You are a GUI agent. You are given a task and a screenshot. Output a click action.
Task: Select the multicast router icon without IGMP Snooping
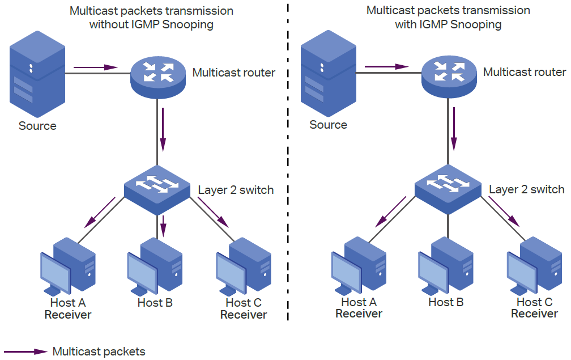158,74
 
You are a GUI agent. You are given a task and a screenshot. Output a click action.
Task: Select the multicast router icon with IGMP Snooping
449,74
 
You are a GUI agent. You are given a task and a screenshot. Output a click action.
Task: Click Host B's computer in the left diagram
155,266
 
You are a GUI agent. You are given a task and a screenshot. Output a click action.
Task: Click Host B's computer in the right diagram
446,266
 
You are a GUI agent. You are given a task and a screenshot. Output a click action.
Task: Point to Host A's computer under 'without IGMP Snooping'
68,267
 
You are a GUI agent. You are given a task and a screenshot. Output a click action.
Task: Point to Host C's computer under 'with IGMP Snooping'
535,267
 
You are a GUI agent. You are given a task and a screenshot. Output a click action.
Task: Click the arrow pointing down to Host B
163,226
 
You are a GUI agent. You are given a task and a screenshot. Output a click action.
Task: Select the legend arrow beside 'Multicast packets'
25,351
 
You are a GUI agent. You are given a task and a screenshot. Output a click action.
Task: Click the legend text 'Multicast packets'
99,351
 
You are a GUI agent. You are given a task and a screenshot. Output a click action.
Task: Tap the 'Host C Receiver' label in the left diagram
244,309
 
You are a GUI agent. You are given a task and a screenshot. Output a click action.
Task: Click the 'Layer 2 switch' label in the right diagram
526,189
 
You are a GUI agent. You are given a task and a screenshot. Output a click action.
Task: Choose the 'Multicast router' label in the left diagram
233,73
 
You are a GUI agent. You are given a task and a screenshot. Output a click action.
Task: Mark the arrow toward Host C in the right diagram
504,212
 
